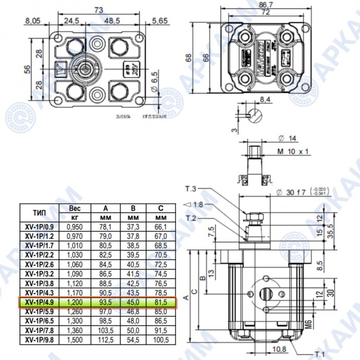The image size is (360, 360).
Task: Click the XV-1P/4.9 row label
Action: [42, 302]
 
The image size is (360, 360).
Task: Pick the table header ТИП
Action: [41, 212]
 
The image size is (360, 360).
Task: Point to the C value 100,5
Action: [161, 340]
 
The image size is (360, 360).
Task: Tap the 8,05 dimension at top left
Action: [32, 20]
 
